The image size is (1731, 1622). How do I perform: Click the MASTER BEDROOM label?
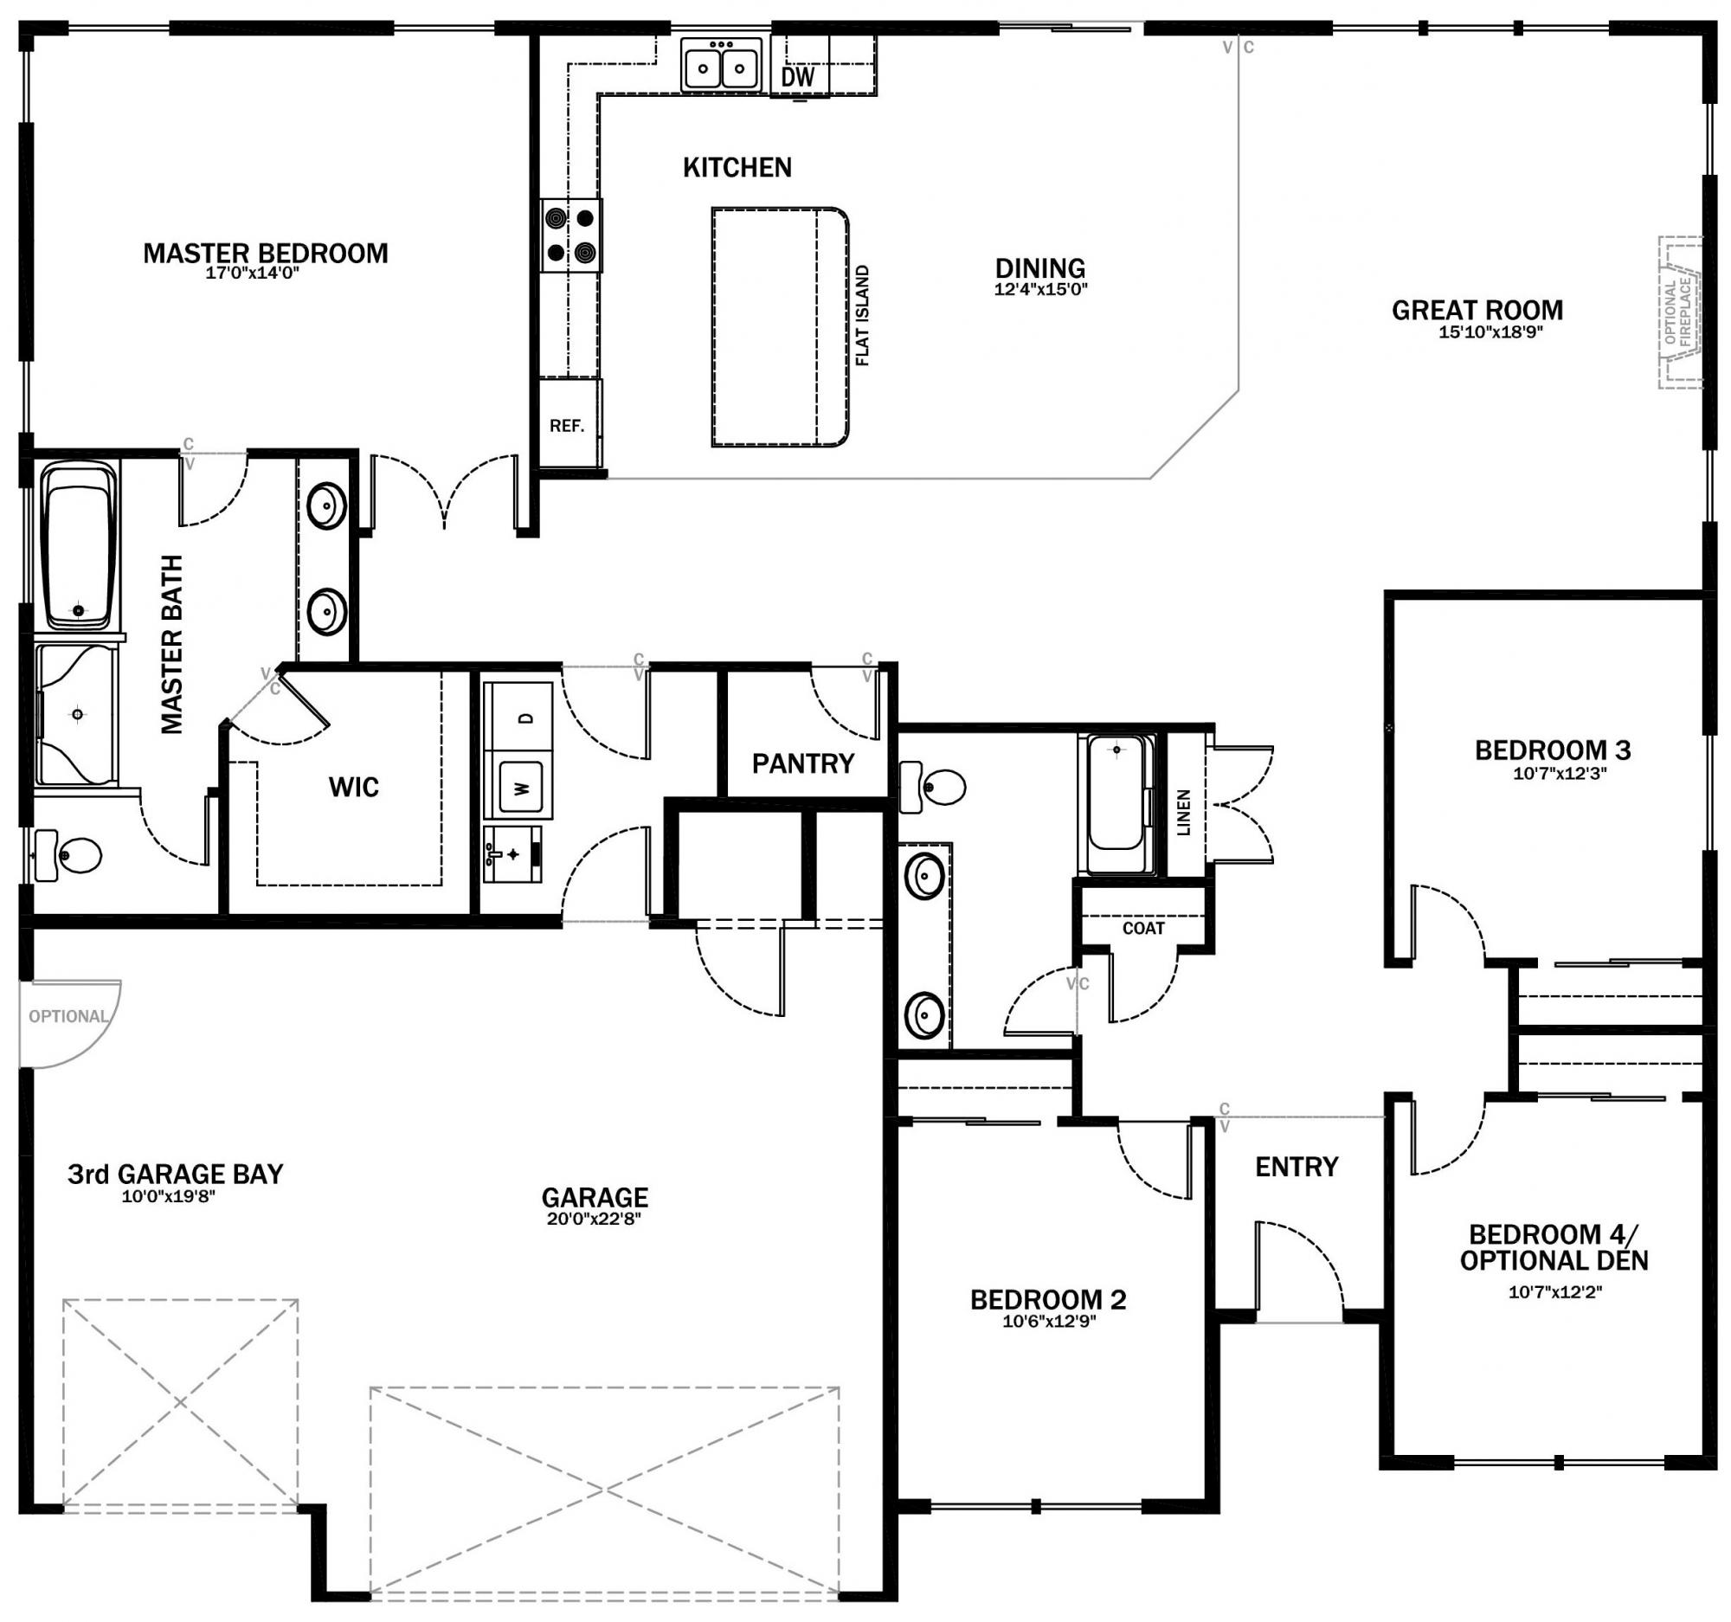(x=266, y=254)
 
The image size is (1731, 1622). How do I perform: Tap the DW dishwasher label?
(x=798, y=77)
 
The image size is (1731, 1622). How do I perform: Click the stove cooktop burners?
(x=571, y=235)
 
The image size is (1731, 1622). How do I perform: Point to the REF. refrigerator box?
(x=567, y=426)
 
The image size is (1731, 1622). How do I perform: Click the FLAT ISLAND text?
(x=863, y=315)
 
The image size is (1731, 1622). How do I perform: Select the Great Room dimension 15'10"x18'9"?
(x=1490, y=331)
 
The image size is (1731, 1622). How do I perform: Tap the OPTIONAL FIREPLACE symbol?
(x=1679, y=312)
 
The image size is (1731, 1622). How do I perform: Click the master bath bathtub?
(x=80, y=544)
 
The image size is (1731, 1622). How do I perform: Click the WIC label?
(x=353, y=787)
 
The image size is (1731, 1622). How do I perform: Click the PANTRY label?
(x=803, y=763)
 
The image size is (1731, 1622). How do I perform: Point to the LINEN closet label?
(x=1183, y=813)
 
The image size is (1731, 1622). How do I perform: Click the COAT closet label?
(x=1143, y=928)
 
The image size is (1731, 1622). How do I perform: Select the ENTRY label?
(x=1297, y=1167)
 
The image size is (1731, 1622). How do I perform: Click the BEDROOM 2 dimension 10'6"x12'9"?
(x=1048, y=1321)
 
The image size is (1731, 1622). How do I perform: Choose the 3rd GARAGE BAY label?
(x=176, y=1174)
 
